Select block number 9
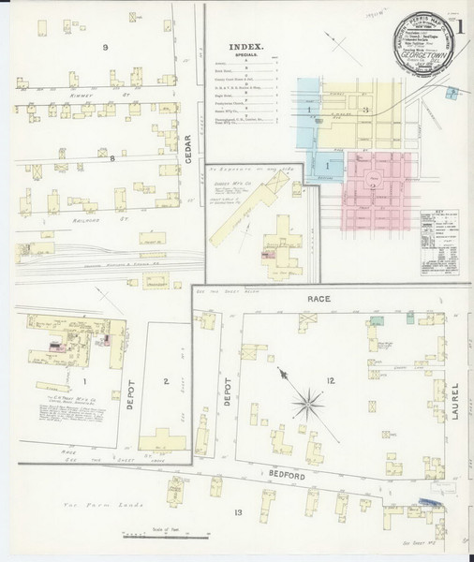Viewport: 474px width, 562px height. pyautogui.click(x=106, y=46)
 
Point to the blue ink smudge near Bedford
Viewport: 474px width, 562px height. pyautogui.click(x=429, y=503)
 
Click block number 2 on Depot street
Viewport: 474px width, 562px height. pyautogui.click(x=165, y=381)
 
